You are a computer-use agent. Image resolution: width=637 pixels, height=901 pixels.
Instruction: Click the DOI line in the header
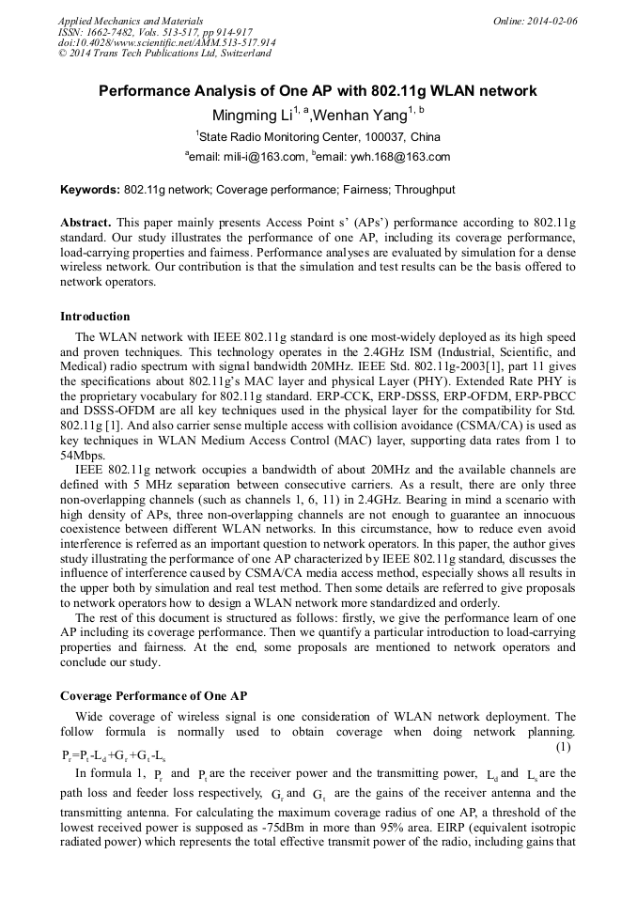tap(166, 42)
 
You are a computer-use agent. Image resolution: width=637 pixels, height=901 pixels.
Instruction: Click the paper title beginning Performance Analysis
tap(318, 91)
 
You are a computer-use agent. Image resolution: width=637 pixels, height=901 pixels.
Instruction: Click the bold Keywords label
tap(89, 190)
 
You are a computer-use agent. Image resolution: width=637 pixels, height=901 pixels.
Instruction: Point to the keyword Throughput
tap(425, 190)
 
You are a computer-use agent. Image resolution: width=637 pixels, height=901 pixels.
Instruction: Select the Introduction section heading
tap(95, 316)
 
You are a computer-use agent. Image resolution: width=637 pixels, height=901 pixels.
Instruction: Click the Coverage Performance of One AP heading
tap(153, 695)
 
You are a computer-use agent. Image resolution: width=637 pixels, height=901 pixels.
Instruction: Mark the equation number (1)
tap(563, 747)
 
